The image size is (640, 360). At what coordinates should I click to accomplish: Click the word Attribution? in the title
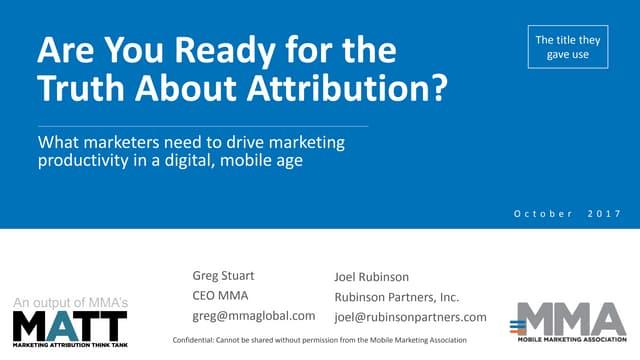347,88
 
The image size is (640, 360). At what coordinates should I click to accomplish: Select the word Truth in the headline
81,88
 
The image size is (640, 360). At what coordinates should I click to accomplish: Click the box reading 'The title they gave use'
568,47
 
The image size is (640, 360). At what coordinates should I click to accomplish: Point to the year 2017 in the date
604,213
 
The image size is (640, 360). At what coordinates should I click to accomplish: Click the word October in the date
543,213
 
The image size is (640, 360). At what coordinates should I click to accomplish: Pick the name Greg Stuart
223,276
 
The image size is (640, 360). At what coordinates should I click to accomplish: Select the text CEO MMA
220,296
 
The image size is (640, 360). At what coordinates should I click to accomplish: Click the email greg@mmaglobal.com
253,316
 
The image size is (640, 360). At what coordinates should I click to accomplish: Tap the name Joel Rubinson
371,277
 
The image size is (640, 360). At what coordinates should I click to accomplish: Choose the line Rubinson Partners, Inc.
397,297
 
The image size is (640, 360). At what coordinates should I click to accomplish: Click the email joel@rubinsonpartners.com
410,318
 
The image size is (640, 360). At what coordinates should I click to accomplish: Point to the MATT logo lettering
70,326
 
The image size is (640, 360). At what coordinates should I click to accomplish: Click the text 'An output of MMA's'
70,302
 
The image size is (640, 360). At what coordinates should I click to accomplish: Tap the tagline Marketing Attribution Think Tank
70,345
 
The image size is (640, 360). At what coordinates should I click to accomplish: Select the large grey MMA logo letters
571,319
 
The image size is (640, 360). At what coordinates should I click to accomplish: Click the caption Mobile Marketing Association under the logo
572,339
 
